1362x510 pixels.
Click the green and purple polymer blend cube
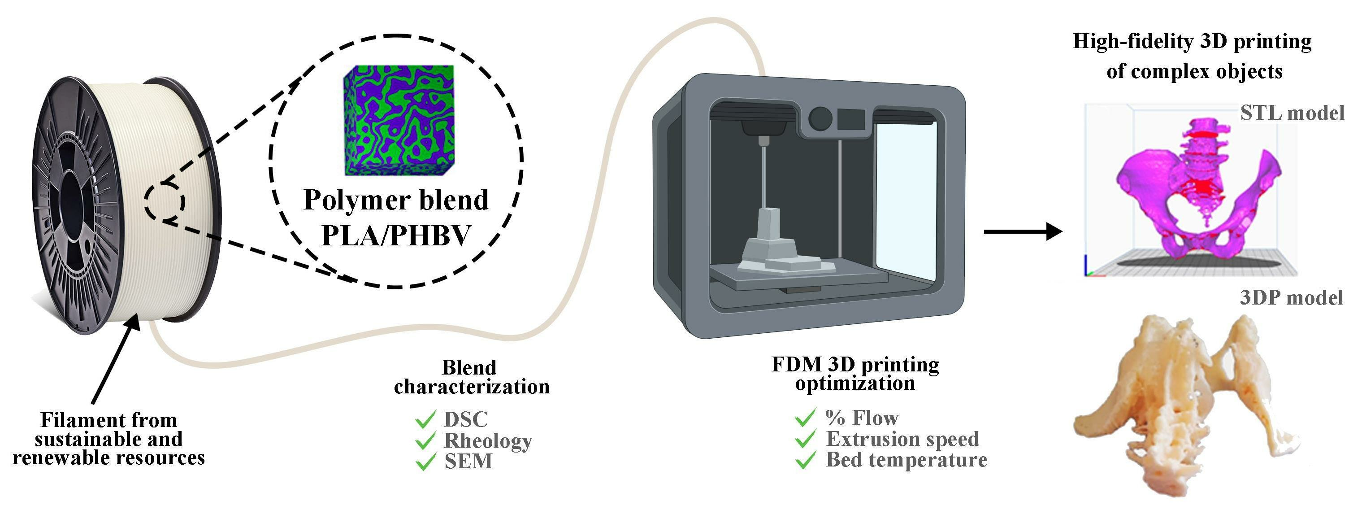click(399, 120)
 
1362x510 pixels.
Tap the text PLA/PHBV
click(396, 235)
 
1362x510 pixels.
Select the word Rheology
click(487, 440)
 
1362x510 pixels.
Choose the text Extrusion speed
click(902, 439)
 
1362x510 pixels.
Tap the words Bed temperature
click(906, 460)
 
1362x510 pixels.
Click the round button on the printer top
click(820, 118)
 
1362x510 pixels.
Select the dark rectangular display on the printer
click(850, 119)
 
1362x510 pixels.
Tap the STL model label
click(1292, 113)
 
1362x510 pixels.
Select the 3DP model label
click(1291, 298)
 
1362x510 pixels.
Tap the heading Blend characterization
click(471, 377)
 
